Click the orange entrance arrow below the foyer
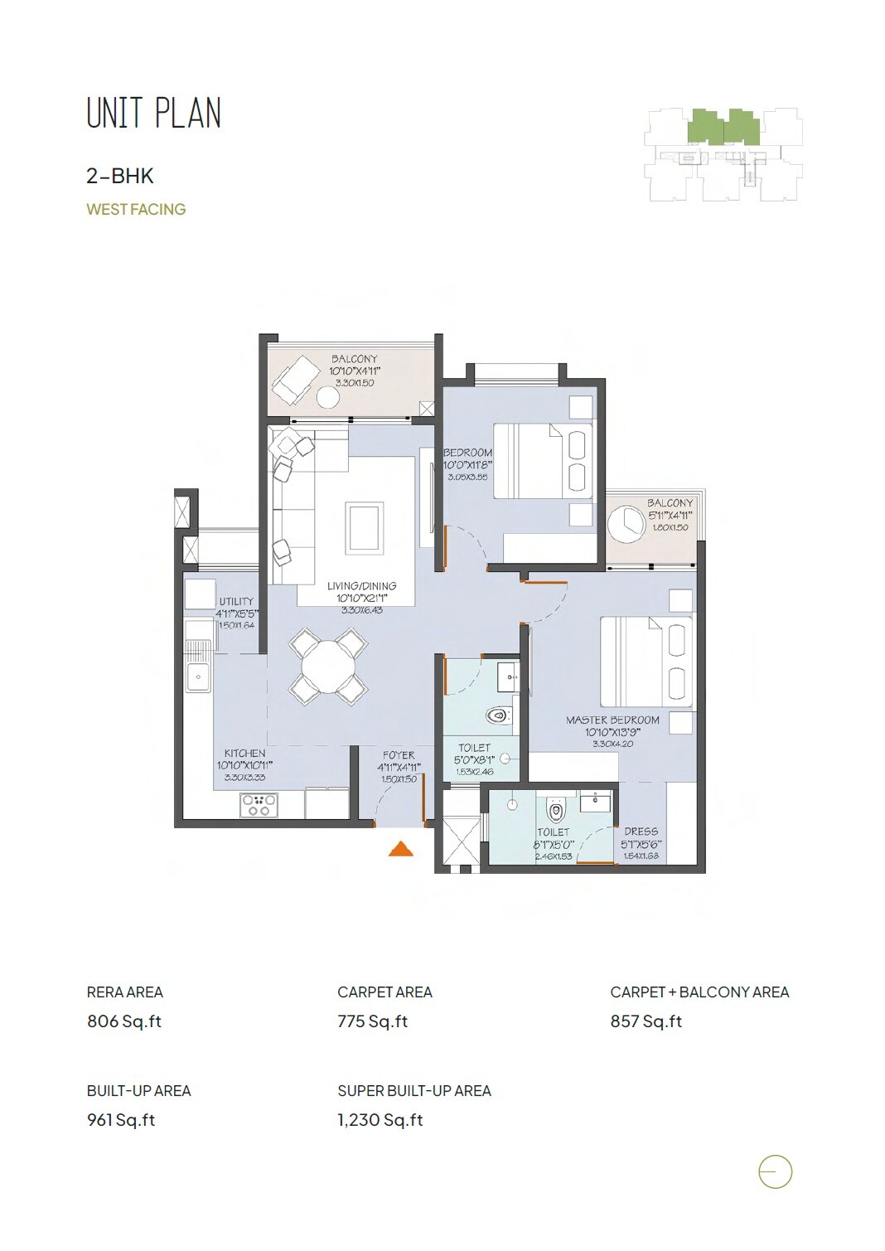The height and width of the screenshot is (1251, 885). click(401, 848)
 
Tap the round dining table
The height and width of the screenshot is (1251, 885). click(329, 666)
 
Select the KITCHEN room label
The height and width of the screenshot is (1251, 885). click(244, 754)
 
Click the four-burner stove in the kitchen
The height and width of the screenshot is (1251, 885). click(259, 805)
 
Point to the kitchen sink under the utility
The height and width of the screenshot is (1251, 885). click(199, 676)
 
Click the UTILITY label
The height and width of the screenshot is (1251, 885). click(236, 602)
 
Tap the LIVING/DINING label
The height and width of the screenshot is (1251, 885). click(361, 586)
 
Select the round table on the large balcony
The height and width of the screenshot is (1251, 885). click(328, 398)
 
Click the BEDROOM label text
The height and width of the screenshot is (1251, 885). click(467, 453)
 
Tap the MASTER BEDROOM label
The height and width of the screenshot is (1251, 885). click(612, 720)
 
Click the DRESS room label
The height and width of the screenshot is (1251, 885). click(641, 832)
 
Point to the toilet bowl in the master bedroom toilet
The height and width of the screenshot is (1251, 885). click(556, 809)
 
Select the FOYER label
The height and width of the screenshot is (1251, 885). click(399, 755)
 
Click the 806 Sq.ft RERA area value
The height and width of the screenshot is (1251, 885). click(124, 1021)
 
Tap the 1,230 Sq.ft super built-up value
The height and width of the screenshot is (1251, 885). click(380, 1120)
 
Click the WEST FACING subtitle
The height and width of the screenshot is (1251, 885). click(136, 210)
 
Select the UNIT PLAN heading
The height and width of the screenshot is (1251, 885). click(154, 114)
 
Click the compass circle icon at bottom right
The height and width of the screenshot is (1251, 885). click(776, 1172)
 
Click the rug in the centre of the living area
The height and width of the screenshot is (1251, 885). click(365, 527)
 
